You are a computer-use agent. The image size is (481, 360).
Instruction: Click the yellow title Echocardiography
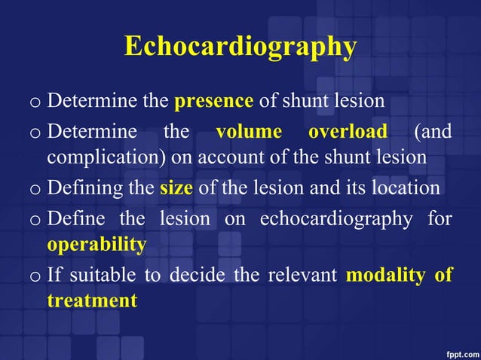240,47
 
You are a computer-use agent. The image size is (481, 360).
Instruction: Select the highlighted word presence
213,101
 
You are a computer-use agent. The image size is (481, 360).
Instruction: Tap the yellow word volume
249,132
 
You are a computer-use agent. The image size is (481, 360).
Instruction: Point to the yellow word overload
348,132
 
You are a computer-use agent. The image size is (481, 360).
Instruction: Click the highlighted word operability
97,246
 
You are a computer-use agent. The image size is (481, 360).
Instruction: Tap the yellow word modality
385,275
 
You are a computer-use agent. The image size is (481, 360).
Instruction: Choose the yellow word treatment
92,301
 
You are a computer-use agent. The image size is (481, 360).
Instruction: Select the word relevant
301,275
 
